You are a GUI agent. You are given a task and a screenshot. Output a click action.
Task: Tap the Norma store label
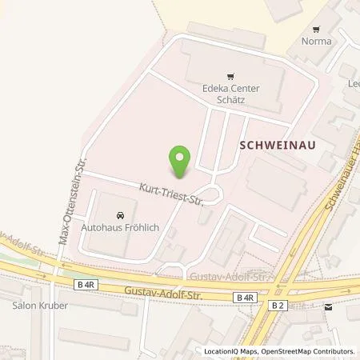pyautogui.click(x=316, y=42)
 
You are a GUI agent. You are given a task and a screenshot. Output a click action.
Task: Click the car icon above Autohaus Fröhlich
pyautogui.click(x=120, y=215)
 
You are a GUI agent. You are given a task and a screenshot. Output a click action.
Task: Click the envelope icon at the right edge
pyautogui.click(x=329, y=306)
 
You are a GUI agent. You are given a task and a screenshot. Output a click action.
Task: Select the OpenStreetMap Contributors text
pyautogui.click(x=305, y=351)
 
